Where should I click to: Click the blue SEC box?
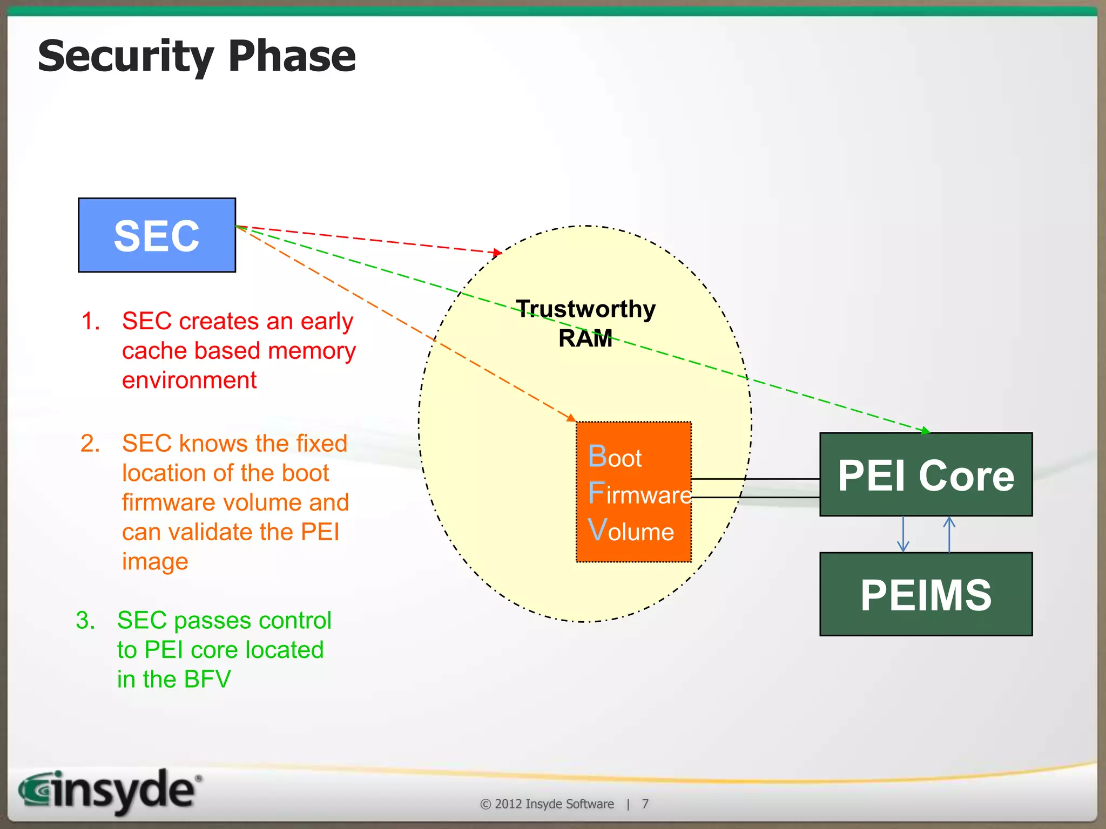tap(157, 235)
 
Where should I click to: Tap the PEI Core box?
tap(926, 475)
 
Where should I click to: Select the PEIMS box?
tap(926, 594)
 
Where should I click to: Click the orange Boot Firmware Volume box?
tap(633, 492)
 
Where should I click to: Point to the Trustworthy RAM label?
tap(585, 323)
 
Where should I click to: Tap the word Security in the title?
tap(126, 57)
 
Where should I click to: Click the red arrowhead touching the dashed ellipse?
tap(498, 252)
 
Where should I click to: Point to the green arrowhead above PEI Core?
tap(926, 431)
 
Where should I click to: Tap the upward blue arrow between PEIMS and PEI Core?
tap(949, 534)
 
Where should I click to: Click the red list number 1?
tap(90, 321)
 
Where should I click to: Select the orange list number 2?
tap(90, 444)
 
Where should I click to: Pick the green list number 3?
tap(85, 621)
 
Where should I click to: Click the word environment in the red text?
tap(189, 380)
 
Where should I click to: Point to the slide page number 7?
tap(645, 804)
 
